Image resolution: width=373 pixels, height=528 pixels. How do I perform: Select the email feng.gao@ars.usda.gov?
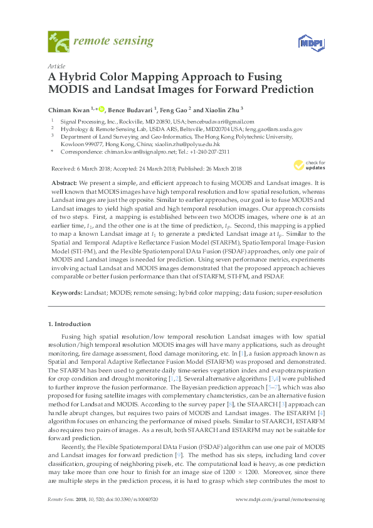(273, 129)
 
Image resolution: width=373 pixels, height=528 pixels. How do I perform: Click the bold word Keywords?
(65, 292)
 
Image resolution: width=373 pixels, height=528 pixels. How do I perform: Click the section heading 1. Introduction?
(68, 324)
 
